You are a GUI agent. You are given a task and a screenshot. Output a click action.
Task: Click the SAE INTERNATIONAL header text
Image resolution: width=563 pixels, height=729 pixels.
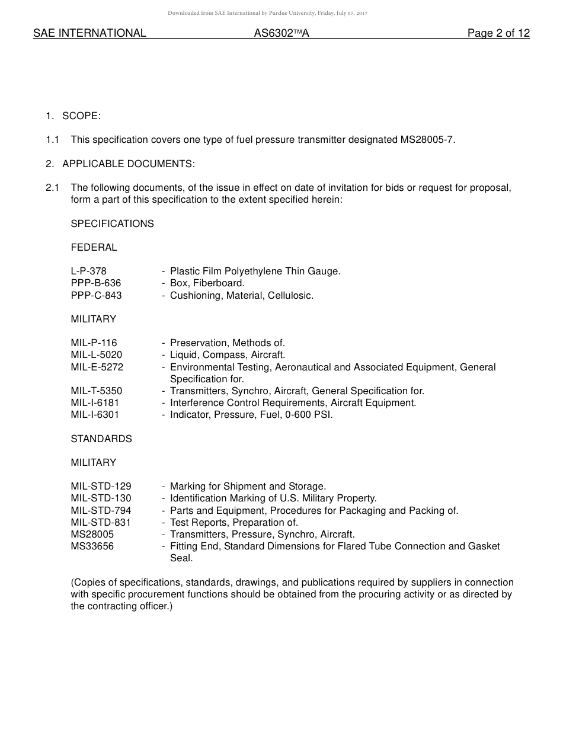coord(89,33)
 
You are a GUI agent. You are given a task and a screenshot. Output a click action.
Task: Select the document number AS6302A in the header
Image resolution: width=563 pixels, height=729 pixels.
coord(281,33)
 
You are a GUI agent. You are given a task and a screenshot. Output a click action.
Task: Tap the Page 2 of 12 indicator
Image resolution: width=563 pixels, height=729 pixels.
coord(498,33)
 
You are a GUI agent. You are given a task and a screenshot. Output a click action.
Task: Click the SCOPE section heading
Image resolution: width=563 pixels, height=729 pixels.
coord(81,116)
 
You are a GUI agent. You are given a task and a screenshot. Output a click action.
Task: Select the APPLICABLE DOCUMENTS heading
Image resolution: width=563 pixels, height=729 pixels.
coord(129,164)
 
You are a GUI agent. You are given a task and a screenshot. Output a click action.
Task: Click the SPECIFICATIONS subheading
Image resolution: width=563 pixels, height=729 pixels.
coord(112,223)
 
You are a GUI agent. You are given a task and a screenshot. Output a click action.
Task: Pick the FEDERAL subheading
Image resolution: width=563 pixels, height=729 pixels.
coord(94,247)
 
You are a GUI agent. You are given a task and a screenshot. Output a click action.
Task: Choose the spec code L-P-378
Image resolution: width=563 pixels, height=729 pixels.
coord(88,271)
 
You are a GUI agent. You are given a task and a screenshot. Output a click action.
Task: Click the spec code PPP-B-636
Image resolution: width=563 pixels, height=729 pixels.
coord(95,283)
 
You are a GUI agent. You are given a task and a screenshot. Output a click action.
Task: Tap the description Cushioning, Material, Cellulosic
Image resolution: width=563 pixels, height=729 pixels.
coord(242,295)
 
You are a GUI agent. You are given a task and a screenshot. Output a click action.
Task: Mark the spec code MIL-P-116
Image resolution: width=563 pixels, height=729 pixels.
coord(94,343)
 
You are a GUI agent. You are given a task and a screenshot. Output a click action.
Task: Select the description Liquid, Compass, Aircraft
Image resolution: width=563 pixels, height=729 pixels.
coord(228,355)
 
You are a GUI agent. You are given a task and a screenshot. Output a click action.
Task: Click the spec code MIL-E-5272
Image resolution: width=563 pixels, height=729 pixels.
coord(97,367)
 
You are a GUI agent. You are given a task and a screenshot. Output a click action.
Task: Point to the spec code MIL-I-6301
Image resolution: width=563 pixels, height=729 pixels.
coord(95,415)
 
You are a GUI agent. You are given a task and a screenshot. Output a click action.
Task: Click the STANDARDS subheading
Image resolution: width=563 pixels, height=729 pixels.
coord(101,439)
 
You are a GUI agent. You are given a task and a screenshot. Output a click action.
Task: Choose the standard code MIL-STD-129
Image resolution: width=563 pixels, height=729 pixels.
coord(101,487)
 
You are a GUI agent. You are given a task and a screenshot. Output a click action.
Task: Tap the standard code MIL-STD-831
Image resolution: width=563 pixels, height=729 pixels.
coord(101,522)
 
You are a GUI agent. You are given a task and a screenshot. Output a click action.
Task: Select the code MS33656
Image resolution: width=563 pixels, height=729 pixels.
coord(92,546)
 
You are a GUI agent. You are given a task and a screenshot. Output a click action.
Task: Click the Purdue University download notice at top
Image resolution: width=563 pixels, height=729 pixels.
coord(267,13)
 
